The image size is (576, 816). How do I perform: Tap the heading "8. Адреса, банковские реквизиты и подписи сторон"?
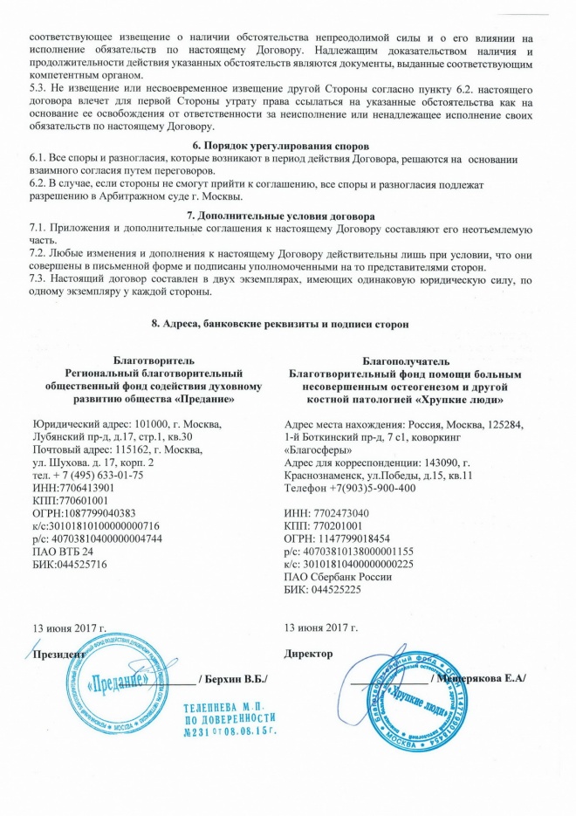(287, 324)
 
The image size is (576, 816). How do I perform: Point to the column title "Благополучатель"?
(410, 360)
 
